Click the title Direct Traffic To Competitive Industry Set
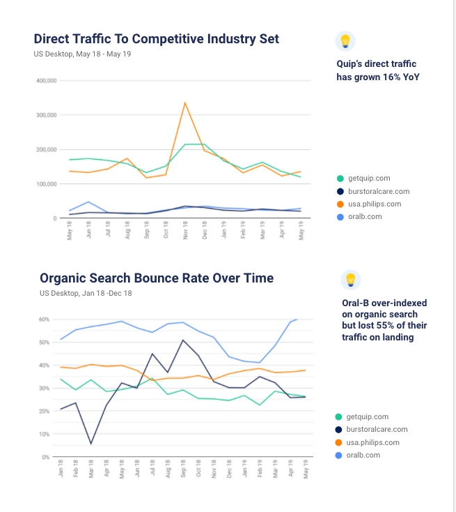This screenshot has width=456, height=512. coord(156,38)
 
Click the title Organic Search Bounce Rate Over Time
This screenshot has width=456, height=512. coord(157,278)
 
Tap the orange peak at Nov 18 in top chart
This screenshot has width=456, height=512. coord(184,103)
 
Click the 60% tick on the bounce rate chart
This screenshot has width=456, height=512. coord(44,319)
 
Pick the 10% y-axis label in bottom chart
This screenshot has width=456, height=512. coord(44,434)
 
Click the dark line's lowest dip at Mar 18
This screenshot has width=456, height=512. coord(91,443)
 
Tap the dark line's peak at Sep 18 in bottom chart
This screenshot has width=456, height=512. coord(182,340)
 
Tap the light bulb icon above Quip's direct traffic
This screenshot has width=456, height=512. coord(345,41)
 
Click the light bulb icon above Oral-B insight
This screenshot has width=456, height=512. coord(351,280)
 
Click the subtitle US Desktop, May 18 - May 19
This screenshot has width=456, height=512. coord(82,54)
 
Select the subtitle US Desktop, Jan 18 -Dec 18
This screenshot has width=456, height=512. coord(86,293)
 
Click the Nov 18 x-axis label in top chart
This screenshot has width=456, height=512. coord(185,232)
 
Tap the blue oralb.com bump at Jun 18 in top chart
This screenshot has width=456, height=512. coord(88,202)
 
